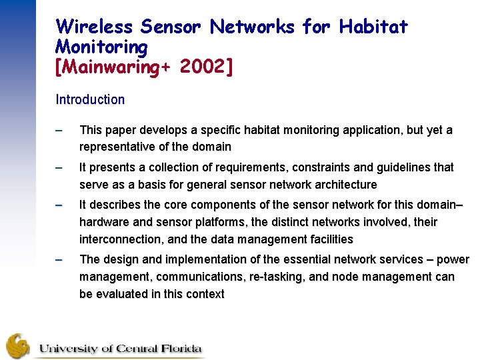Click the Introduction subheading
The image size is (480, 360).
pyautogui.click(x=90, y=100)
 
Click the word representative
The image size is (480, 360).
pyautogui.click(x=119, y=147)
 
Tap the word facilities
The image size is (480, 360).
pyautogui.click(x=328, y=239)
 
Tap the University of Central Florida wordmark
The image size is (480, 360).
pyautogui.click(x=120, y=348)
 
